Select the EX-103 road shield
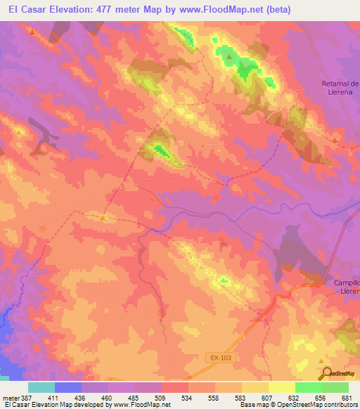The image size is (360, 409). point(220,358)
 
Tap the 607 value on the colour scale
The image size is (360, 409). point(255,397)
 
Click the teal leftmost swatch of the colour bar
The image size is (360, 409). point(41,387)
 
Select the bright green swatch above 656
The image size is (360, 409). point(309,387)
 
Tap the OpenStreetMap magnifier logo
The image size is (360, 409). point(326,373)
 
